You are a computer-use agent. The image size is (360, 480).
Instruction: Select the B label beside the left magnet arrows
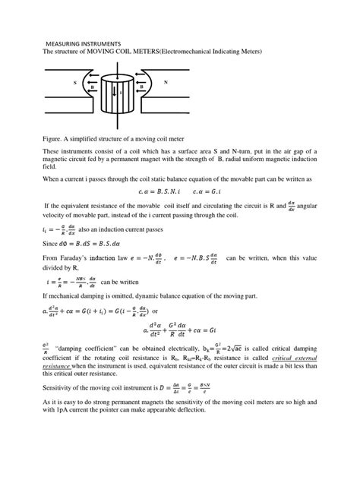pos(93,87)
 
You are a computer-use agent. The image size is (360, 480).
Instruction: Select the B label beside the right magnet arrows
pos(141,87)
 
